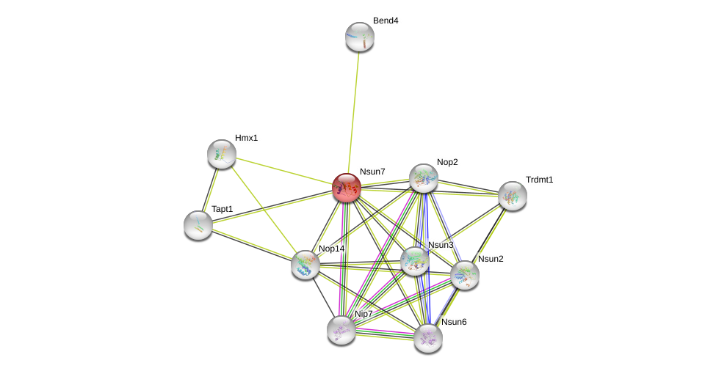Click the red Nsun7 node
point(347,188)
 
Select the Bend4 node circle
point(360,37)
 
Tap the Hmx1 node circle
point(222,154)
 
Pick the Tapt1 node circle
point(198,225)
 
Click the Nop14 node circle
point(305,265)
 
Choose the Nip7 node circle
point(341,329)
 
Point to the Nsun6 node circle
point(428,338)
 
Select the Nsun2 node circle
point(465,275)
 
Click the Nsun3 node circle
point(415,261)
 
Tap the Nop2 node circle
point(424,178)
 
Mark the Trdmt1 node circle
point(513,196)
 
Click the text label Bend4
point(386,21)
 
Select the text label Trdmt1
point(539,180)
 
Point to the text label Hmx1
point(247,138)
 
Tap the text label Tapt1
point(222,209)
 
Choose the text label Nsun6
point(454,322)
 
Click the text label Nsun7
point(372,172)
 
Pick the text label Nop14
point(331,249)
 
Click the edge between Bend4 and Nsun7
point(353,110)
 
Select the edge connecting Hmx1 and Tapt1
point(210,189)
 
